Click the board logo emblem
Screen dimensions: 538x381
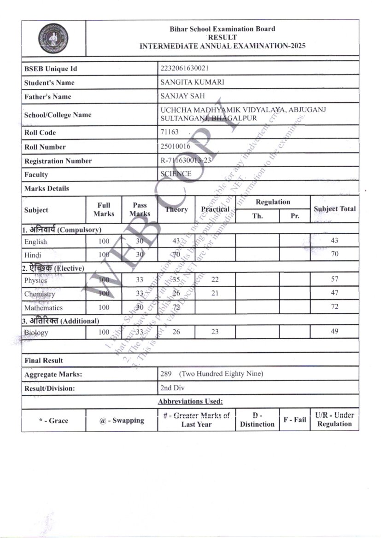tap(53, 39)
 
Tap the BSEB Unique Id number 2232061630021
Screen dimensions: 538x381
tap(184, 68)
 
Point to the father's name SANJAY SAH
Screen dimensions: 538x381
tap(182, 96)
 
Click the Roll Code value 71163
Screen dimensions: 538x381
tap(170, 132)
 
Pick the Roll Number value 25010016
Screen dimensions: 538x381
tap(176, 146)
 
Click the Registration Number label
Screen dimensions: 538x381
tap(58, 161)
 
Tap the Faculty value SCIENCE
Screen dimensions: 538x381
tap(176, 174)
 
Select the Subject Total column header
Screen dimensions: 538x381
tap(334, 209)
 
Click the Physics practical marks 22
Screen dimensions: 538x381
tap(215, 279)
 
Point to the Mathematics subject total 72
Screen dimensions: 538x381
tap(334, 307)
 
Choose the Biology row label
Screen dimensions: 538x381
tap(36, 332)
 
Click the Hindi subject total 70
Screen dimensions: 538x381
tap(334, 254)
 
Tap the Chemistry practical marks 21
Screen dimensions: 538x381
tap(215, 293)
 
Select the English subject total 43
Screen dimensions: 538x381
tap(334, 240)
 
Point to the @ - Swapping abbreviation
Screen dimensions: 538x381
tap(122, 420)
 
